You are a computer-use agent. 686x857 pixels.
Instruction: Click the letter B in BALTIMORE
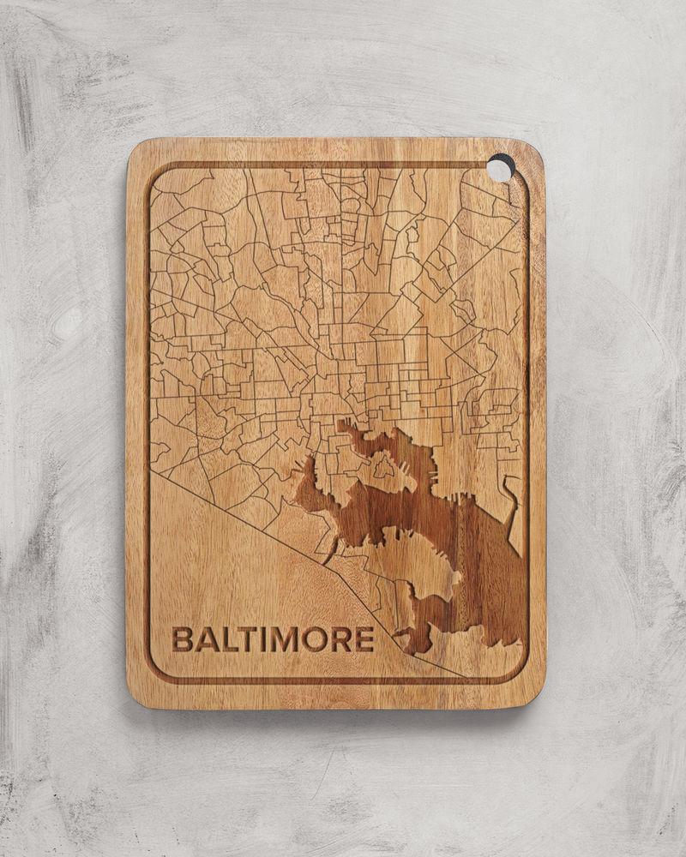click(182, 639)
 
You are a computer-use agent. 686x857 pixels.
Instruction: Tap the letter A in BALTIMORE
click(204, 639)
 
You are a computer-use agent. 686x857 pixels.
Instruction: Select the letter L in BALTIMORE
click(224, 639)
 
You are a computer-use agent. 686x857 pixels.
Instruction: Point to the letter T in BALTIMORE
click(243, 639)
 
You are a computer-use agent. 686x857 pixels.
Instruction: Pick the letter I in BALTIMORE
click(259, 639)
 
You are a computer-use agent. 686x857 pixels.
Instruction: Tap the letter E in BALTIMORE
click(364, 639)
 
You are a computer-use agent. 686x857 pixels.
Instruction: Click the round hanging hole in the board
click(500, 168)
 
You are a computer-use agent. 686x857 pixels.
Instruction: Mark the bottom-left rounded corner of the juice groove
click(156, 673)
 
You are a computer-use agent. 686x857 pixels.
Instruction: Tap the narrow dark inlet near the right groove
click(512, 506)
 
